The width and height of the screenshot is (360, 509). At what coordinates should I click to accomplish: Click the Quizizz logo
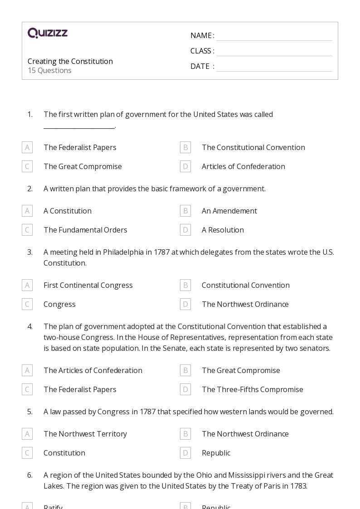point(48,33)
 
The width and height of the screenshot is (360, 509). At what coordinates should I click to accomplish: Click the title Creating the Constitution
point(70,61)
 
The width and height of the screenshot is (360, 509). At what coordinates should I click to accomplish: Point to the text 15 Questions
point(49,70)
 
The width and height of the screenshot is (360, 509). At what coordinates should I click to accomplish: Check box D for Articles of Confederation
point(185,166)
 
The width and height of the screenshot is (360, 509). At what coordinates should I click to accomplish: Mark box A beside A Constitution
point(27,211)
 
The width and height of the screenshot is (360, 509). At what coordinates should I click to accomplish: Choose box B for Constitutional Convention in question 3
point(185,285)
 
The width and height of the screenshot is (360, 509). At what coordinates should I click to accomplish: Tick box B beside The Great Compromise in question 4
point(185,370)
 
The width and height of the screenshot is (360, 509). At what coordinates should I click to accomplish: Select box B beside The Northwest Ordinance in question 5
point(185,434)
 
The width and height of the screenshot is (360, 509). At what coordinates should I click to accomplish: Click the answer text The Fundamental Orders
point(85,230)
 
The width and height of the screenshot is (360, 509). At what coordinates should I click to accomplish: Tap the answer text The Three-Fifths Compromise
point(252,389)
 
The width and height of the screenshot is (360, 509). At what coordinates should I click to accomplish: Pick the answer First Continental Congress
point(88,285)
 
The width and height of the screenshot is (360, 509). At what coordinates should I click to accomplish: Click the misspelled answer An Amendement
point(229,211)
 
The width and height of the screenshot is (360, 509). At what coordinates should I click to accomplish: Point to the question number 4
point(30,326)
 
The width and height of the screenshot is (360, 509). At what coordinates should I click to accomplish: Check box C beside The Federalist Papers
point(27,389)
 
